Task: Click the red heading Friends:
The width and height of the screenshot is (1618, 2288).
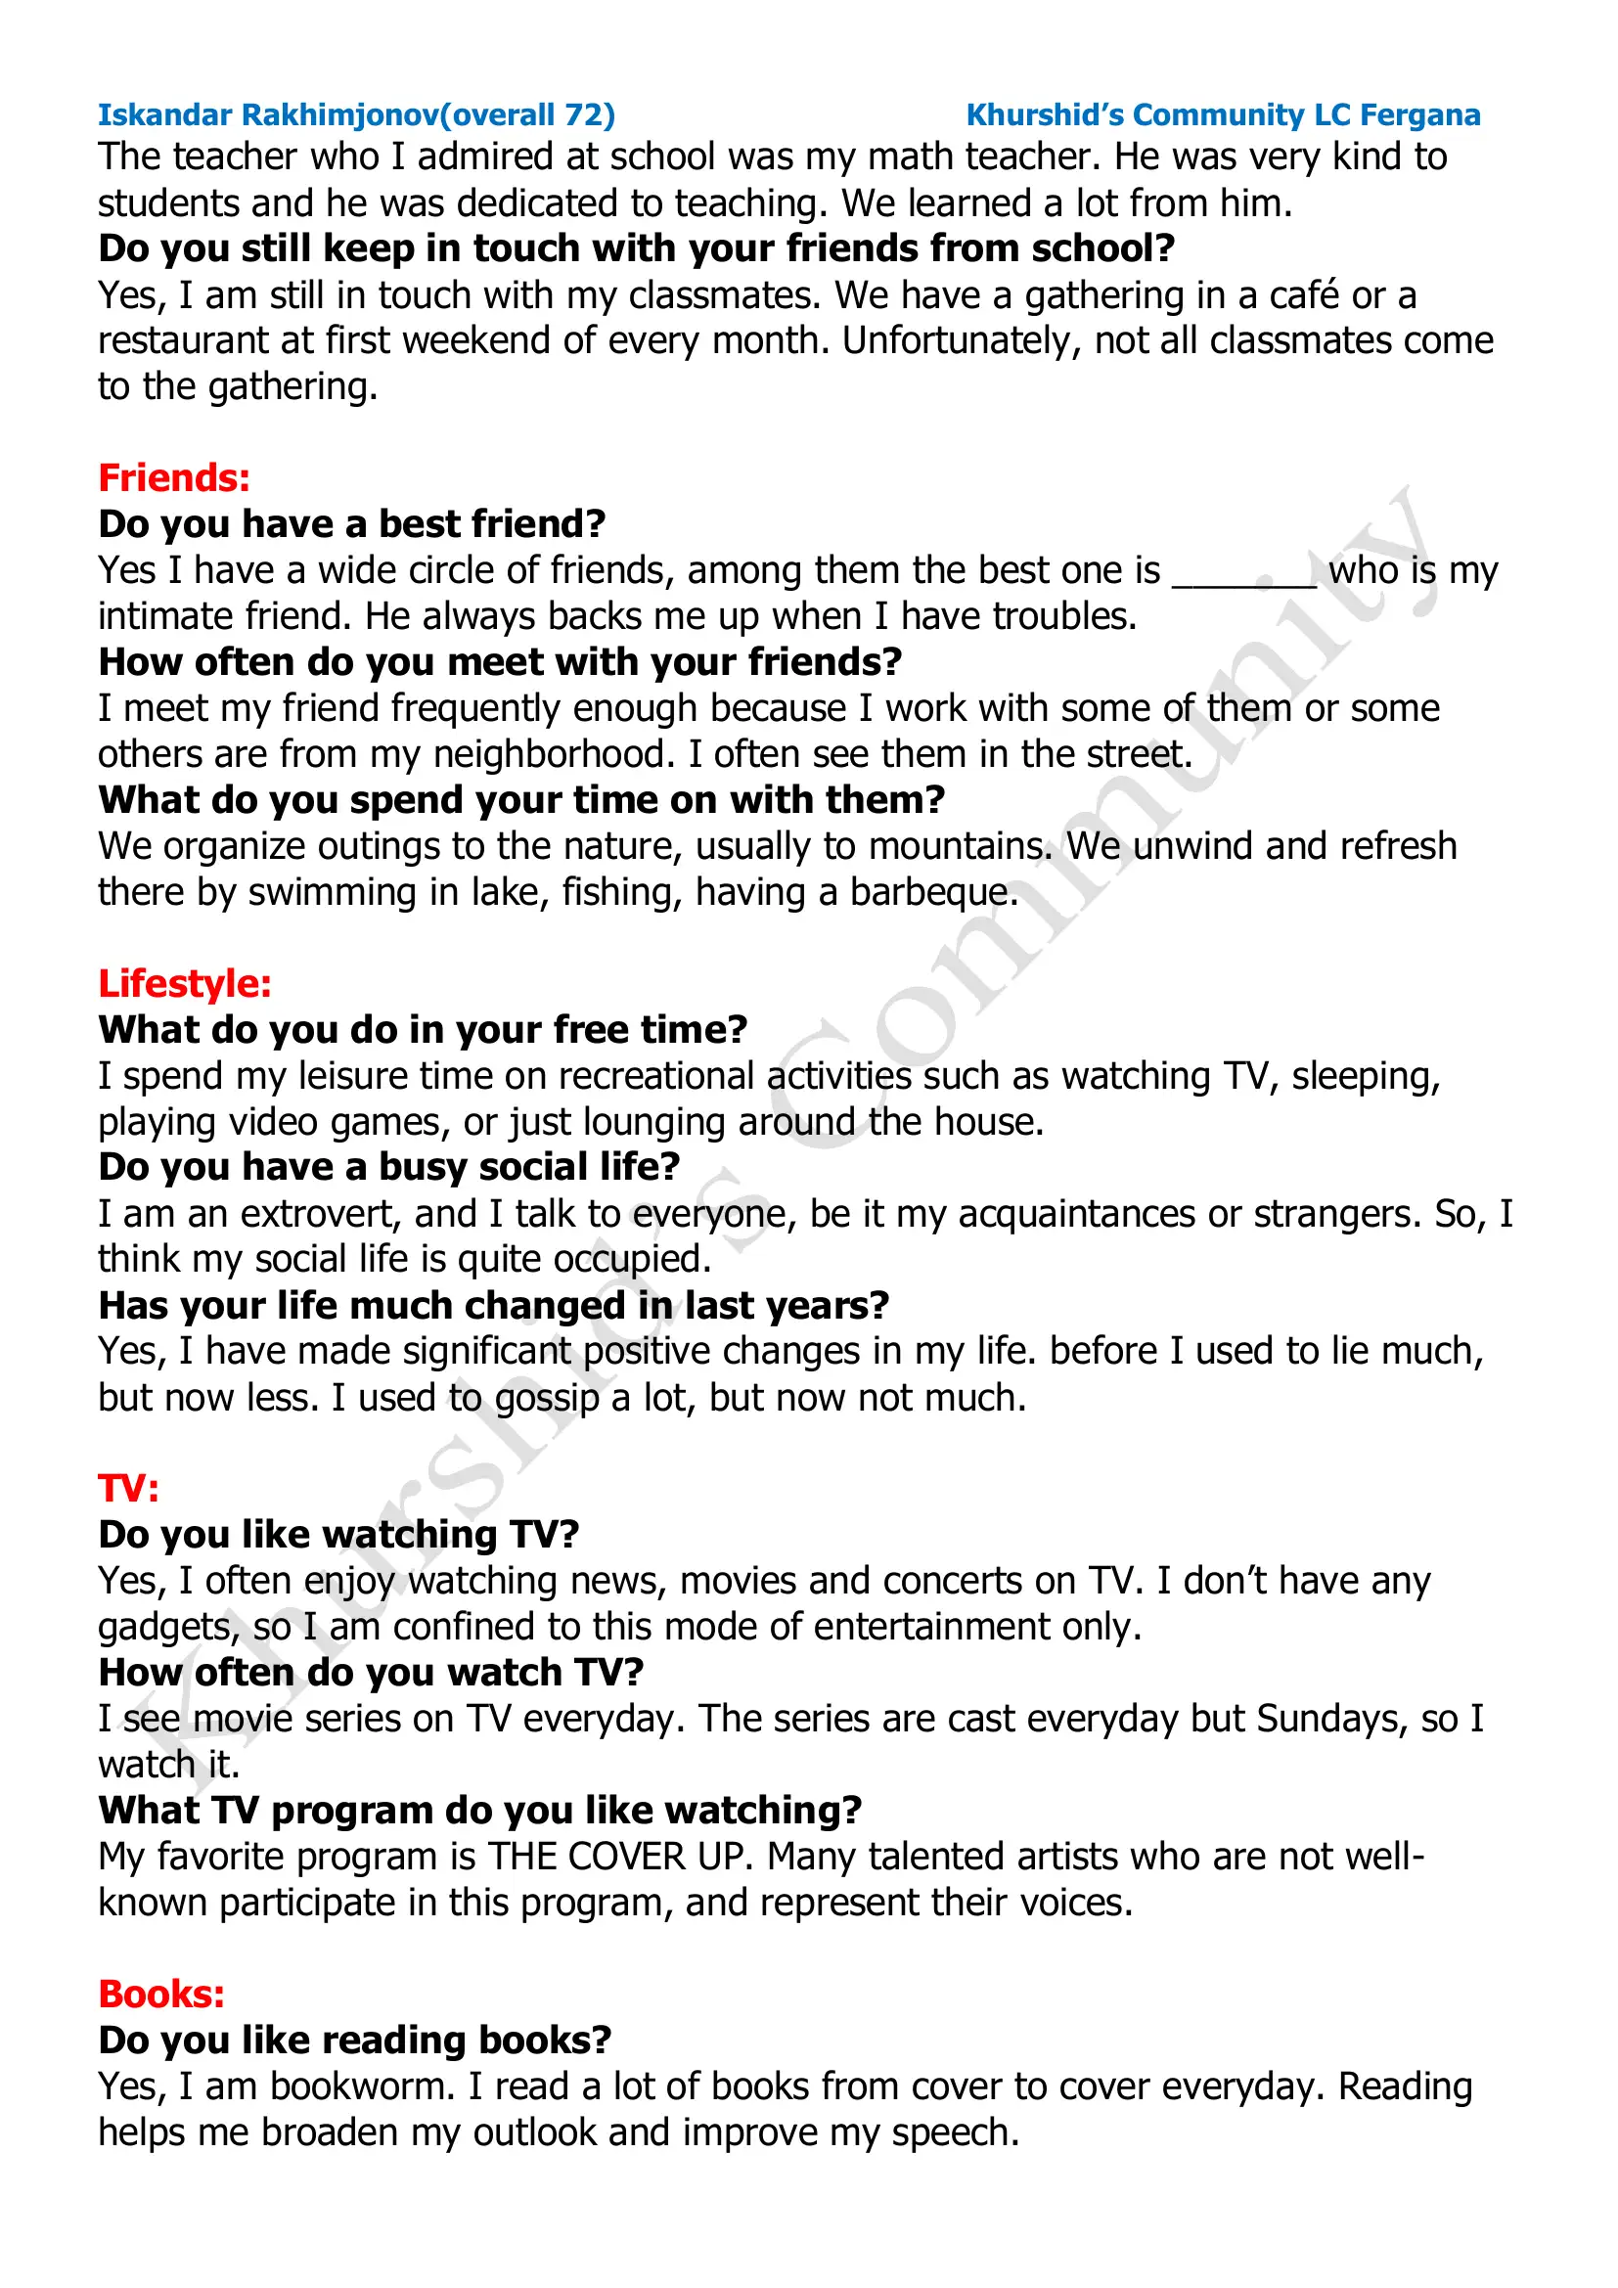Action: [173, 478]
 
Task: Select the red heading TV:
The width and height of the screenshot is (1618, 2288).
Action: [128, 1489]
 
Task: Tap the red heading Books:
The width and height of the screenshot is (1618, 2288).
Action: [161, 1994]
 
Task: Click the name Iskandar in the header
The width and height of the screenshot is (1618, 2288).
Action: [164, 115]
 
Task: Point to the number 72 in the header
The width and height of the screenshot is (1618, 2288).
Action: [585, 115]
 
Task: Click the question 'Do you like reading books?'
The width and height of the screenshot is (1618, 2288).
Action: [355, 2041]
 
